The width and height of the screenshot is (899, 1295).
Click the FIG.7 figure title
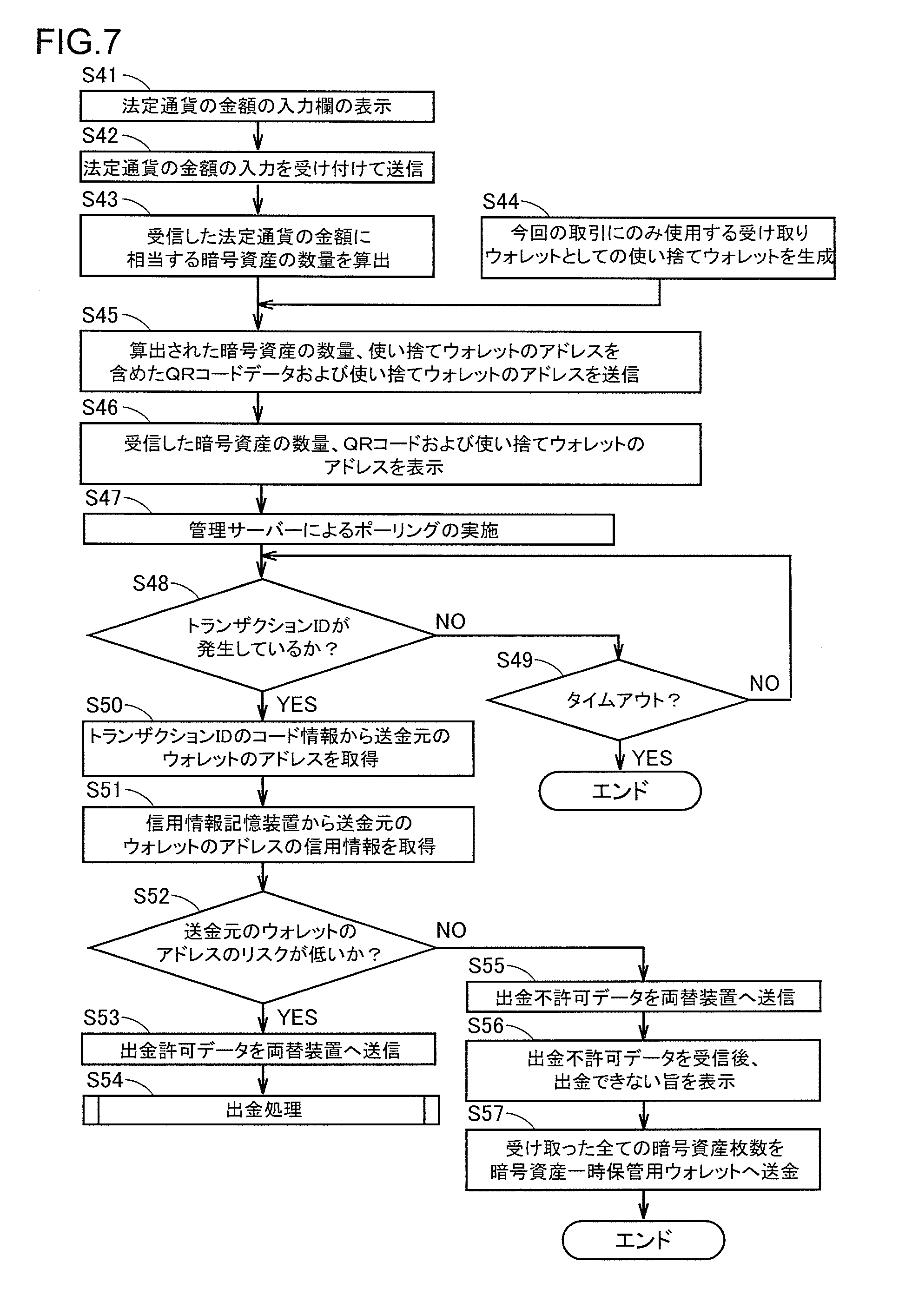point(78,42)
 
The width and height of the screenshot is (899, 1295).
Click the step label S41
point(99,75)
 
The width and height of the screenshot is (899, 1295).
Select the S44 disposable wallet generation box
point(657,248)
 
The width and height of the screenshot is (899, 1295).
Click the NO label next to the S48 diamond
point(450,622)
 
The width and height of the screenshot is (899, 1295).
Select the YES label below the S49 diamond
point(652,758)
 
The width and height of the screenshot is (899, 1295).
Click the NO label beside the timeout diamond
point(764,684)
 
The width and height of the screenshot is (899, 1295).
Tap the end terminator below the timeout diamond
point(620,791)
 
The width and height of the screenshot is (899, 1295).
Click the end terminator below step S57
point(643,1240)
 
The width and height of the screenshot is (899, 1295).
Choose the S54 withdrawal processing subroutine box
point(261,1110)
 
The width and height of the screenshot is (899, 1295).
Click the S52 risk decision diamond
point(261,947)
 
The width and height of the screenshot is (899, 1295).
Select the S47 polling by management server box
point(348,529)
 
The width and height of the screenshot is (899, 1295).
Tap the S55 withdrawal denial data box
point(643,997)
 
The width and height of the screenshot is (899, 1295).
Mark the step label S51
point(103,790)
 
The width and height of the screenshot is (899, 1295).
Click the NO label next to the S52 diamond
point(450,931)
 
